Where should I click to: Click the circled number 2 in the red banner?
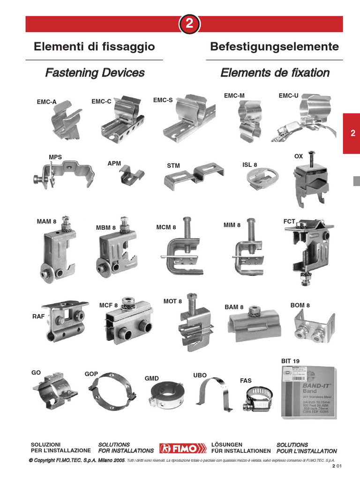click(189, 24)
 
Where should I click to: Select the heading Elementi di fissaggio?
click(94, 47)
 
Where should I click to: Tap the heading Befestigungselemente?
click(274, 47)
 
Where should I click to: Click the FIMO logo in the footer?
click(182, 448)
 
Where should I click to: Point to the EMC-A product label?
click(46, 102)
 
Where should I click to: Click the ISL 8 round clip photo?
click(262, 179)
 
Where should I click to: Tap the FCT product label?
click(289, 221)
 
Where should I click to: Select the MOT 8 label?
click(172, 301)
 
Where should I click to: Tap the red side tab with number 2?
click(352, 133)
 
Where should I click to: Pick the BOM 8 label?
click(300, 305)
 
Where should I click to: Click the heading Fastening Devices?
click(95, 73)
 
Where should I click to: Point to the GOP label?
click(91, 374)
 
